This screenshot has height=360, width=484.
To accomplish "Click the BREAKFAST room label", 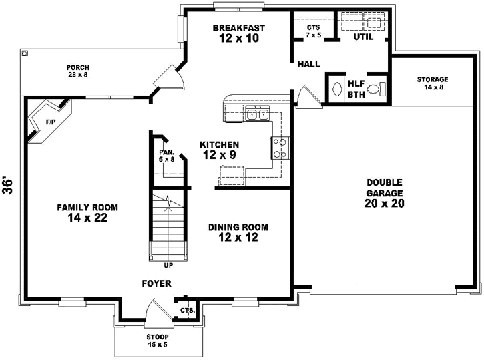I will pyautogui.click(x=239, y=28).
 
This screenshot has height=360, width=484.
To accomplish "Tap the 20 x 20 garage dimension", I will pyautogui.click(x=385, y=203).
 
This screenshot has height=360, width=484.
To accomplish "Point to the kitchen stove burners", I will pyautogui.click(x=280, y=147).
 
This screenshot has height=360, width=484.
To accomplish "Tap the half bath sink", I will pyautogui.click(x=337, y=88).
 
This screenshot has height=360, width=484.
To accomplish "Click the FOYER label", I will pyautogui.click(x=158, y=283).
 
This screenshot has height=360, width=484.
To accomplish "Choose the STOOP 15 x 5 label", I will pyautogui.click(x=158, y=341).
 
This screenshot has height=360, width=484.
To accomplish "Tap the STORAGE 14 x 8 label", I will pyautogui.click(x=432, y=83).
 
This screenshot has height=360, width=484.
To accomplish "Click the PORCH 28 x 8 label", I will pyautogui.click(x=77, y=71).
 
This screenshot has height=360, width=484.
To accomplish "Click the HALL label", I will pyautogui.click(x=308, y=64).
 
